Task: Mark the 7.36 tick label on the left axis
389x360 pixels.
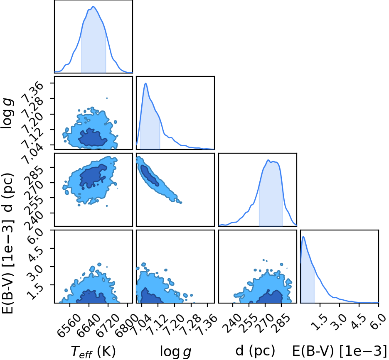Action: [x=32, y=91]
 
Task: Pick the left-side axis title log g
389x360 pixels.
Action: [x=7, y=113]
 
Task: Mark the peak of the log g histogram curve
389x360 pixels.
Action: [x=145, y=83]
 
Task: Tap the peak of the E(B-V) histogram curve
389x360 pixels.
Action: [x=303, y=237]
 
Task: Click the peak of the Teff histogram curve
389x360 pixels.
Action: [x=94, y=7]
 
